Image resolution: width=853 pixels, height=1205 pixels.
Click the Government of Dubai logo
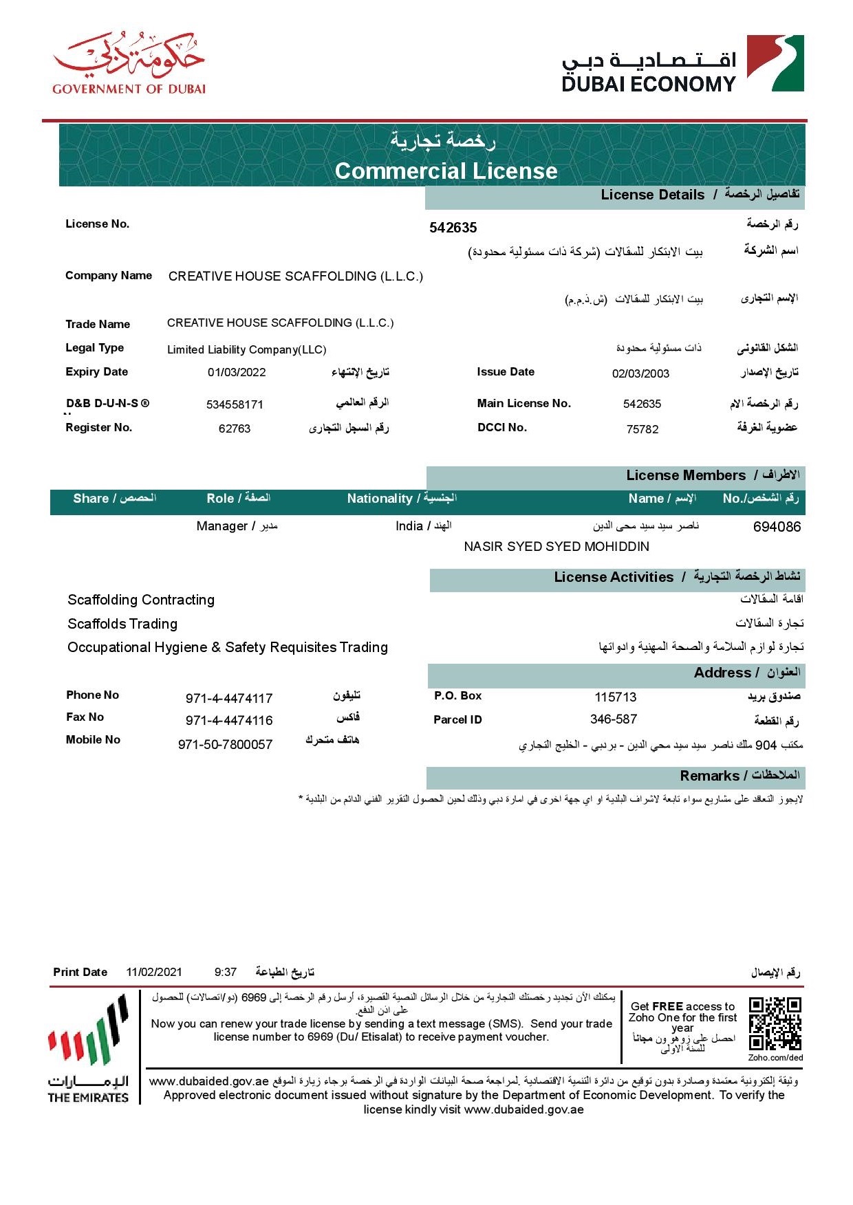tap(129, 63)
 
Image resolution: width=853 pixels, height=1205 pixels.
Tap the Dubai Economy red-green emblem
tap(775, 63)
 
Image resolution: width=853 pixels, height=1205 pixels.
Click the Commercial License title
tap(446, 171)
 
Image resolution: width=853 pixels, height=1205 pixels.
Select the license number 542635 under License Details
tap(453, 228)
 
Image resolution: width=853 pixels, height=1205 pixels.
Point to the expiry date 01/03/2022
tap(237, 372)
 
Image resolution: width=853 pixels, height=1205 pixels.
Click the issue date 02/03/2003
tap(640, 373)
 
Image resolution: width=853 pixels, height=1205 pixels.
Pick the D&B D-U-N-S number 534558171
tap(235, 404)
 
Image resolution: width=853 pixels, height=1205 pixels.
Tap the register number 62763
tap(235, 428)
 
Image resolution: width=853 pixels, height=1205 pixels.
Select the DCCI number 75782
tap(643, 429)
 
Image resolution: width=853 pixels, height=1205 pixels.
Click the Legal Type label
tap(95, 348)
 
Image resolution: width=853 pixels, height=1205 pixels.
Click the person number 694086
tap(777, 527)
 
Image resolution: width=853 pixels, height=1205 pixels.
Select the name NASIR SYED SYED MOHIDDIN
tap(557, 547)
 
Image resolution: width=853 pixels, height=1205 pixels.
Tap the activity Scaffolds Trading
tap(122, 624)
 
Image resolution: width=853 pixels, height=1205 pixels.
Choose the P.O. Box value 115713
tap(616, 697)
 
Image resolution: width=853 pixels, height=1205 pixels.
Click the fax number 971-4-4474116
tap(229, 720)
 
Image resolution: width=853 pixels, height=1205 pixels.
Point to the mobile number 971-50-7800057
tap(225, 744)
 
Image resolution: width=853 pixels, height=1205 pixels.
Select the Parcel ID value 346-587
tap(614, 719)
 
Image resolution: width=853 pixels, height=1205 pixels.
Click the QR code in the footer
tap(775, 1023)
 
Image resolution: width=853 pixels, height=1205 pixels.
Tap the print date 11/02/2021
tap(154, 972)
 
